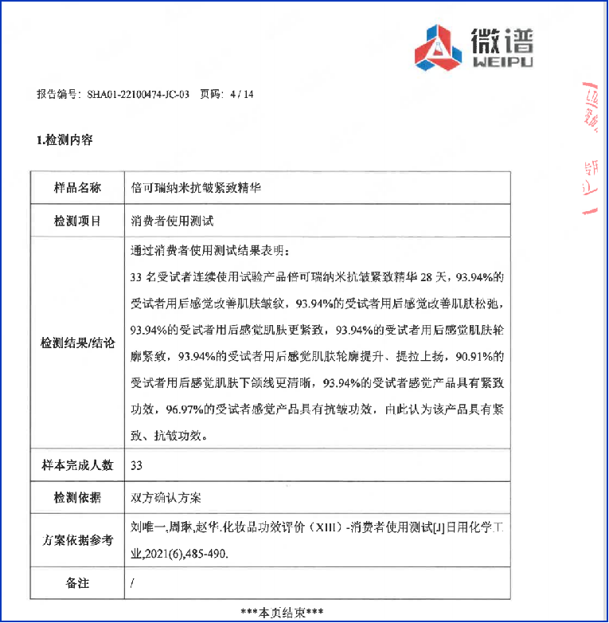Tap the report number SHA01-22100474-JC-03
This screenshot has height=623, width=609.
pyautogui.click(x=139, y=93)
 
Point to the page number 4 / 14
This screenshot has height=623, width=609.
pyautogui.click(x=241, y=93)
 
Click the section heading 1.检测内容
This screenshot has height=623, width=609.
pyautogui.click(x=64, y=139)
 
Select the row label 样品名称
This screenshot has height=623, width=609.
pyautogui.click(x=77, y=188)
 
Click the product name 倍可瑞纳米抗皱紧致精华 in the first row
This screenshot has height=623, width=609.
pyautogui.click(x=196, y=188)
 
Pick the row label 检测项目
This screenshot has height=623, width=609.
pyautogui.click(x=77, y=221)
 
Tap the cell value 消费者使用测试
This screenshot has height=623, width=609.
pyautogui.click(x=172, y=221)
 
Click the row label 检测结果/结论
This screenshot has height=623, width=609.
pyautogui.click(x=77, y=343)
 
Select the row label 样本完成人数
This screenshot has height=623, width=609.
pyautogui.click(x=77, y=464)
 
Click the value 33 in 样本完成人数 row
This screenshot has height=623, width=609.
pyautogui.click(x=136, y=465)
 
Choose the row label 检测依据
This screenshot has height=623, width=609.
pyautogui.click(x=77, y=498)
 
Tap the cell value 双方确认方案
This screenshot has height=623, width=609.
pyautogui.click(x=166, y=498)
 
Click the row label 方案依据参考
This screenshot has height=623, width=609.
pyautogui.click(x=77, y=540)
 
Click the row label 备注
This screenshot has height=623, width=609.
pyautogui.click(x=77, y=583)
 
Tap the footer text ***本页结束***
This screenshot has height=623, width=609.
pyautogui.click(x=282, y=612)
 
